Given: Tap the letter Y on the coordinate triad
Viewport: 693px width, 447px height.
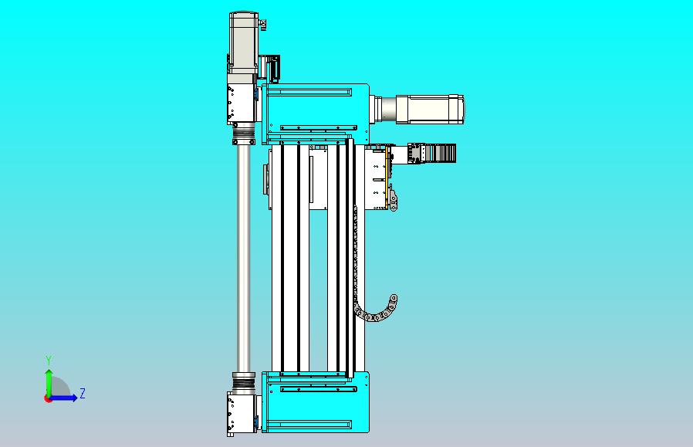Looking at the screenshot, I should (x=49, y=361).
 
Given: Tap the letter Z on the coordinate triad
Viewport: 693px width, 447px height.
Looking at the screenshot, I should (x=83, y=394).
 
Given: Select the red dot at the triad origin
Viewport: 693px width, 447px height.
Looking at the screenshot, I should (x=48, y=398).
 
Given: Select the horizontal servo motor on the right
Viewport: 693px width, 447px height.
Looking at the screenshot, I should (x=429, y=109).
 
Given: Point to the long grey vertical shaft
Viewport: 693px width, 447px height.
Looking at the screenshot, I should (x=244, y=255).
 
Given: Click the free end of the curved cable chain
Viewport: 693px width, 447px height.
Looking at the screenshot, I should (x=393, y=298).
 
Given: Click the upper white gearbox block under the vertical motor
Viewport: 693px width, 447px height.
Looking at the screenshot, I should (x=242, y=103).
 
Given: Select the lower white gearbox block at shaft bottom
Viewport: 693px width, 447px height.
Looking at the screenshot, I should (x=240, y=412).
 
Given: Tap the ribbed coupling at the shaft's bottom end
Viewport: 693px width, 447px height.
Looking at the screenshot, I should (x=244, y=379).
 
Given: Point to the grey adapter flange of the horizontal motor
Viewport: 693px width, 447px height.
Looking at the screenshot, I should (x=384, y=109).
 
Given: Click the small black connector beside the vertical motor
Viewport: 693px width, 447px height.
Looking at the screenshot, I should (x=271, y=67).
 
